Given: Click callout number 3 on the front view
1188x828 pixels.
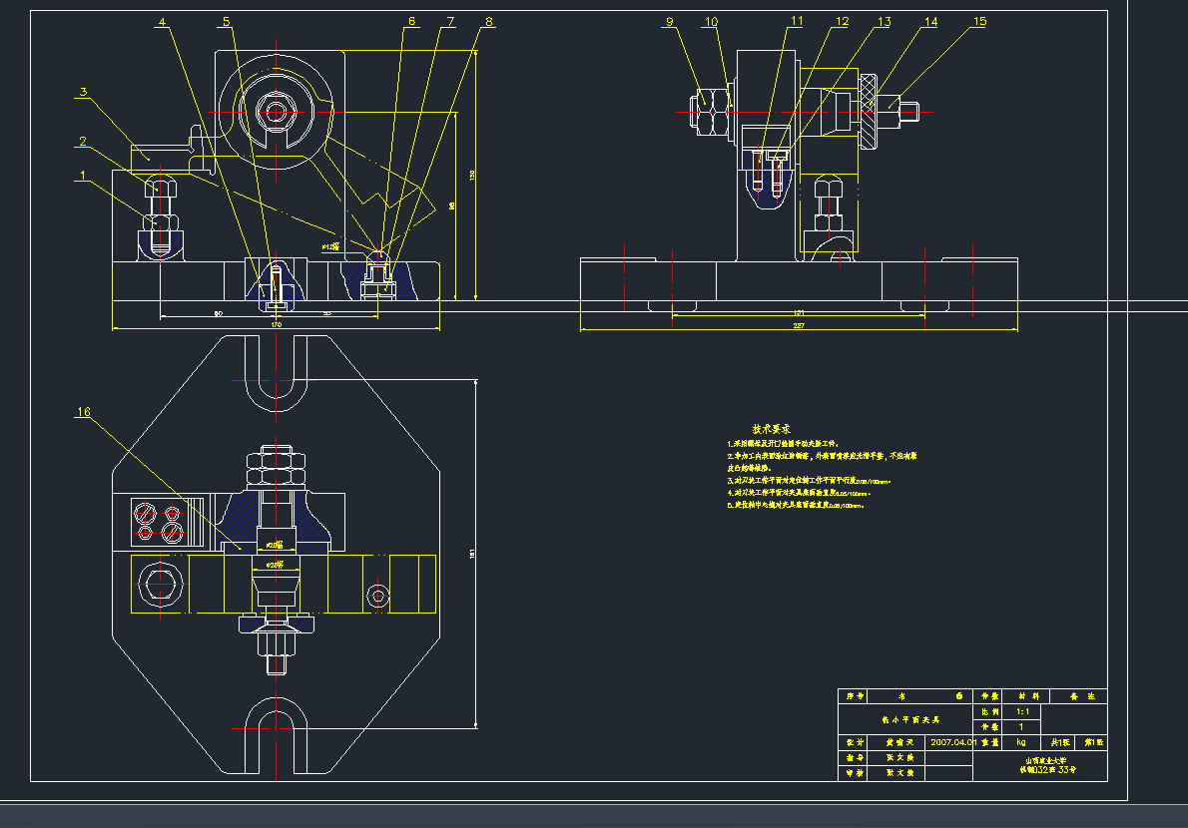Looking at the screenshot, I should point(84,92).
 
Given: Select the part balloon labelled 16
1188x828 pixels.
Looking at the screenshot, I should point(84,411).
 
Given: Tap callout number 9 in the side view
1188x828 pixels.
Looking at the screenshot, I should point(670,21).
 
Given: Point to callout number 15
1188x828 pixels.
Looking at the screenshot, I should point(979,21).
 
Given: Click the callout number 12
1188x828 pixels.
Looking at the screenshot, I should point(842,21).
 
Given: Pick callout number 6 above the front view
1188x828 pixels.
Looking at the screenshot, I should point(411,21).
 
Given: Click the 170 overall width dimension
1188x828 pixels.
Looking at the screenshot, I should point(276,323).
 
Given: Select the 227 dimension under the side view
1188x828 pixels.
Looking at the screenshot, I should point(799,325).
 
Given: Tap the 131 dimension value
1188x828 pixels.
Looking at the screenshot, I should point(799,312).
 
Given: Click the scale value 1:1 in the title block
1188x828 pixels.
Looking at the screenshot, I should point(1021,712).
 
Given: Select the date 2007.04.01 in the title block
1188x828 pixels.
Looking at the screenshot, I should point(954,742).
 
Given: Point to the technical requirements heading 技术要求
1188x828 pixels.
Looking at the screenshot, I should point(772,428).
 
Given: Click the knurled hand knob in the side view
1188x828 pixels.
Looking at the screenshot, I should point(872,112).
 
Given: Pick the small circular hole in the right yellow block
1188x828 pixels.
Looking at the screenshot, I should point(377,596).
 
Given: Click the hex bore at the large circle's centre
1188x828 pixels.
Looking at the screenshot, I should point(276,111).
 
